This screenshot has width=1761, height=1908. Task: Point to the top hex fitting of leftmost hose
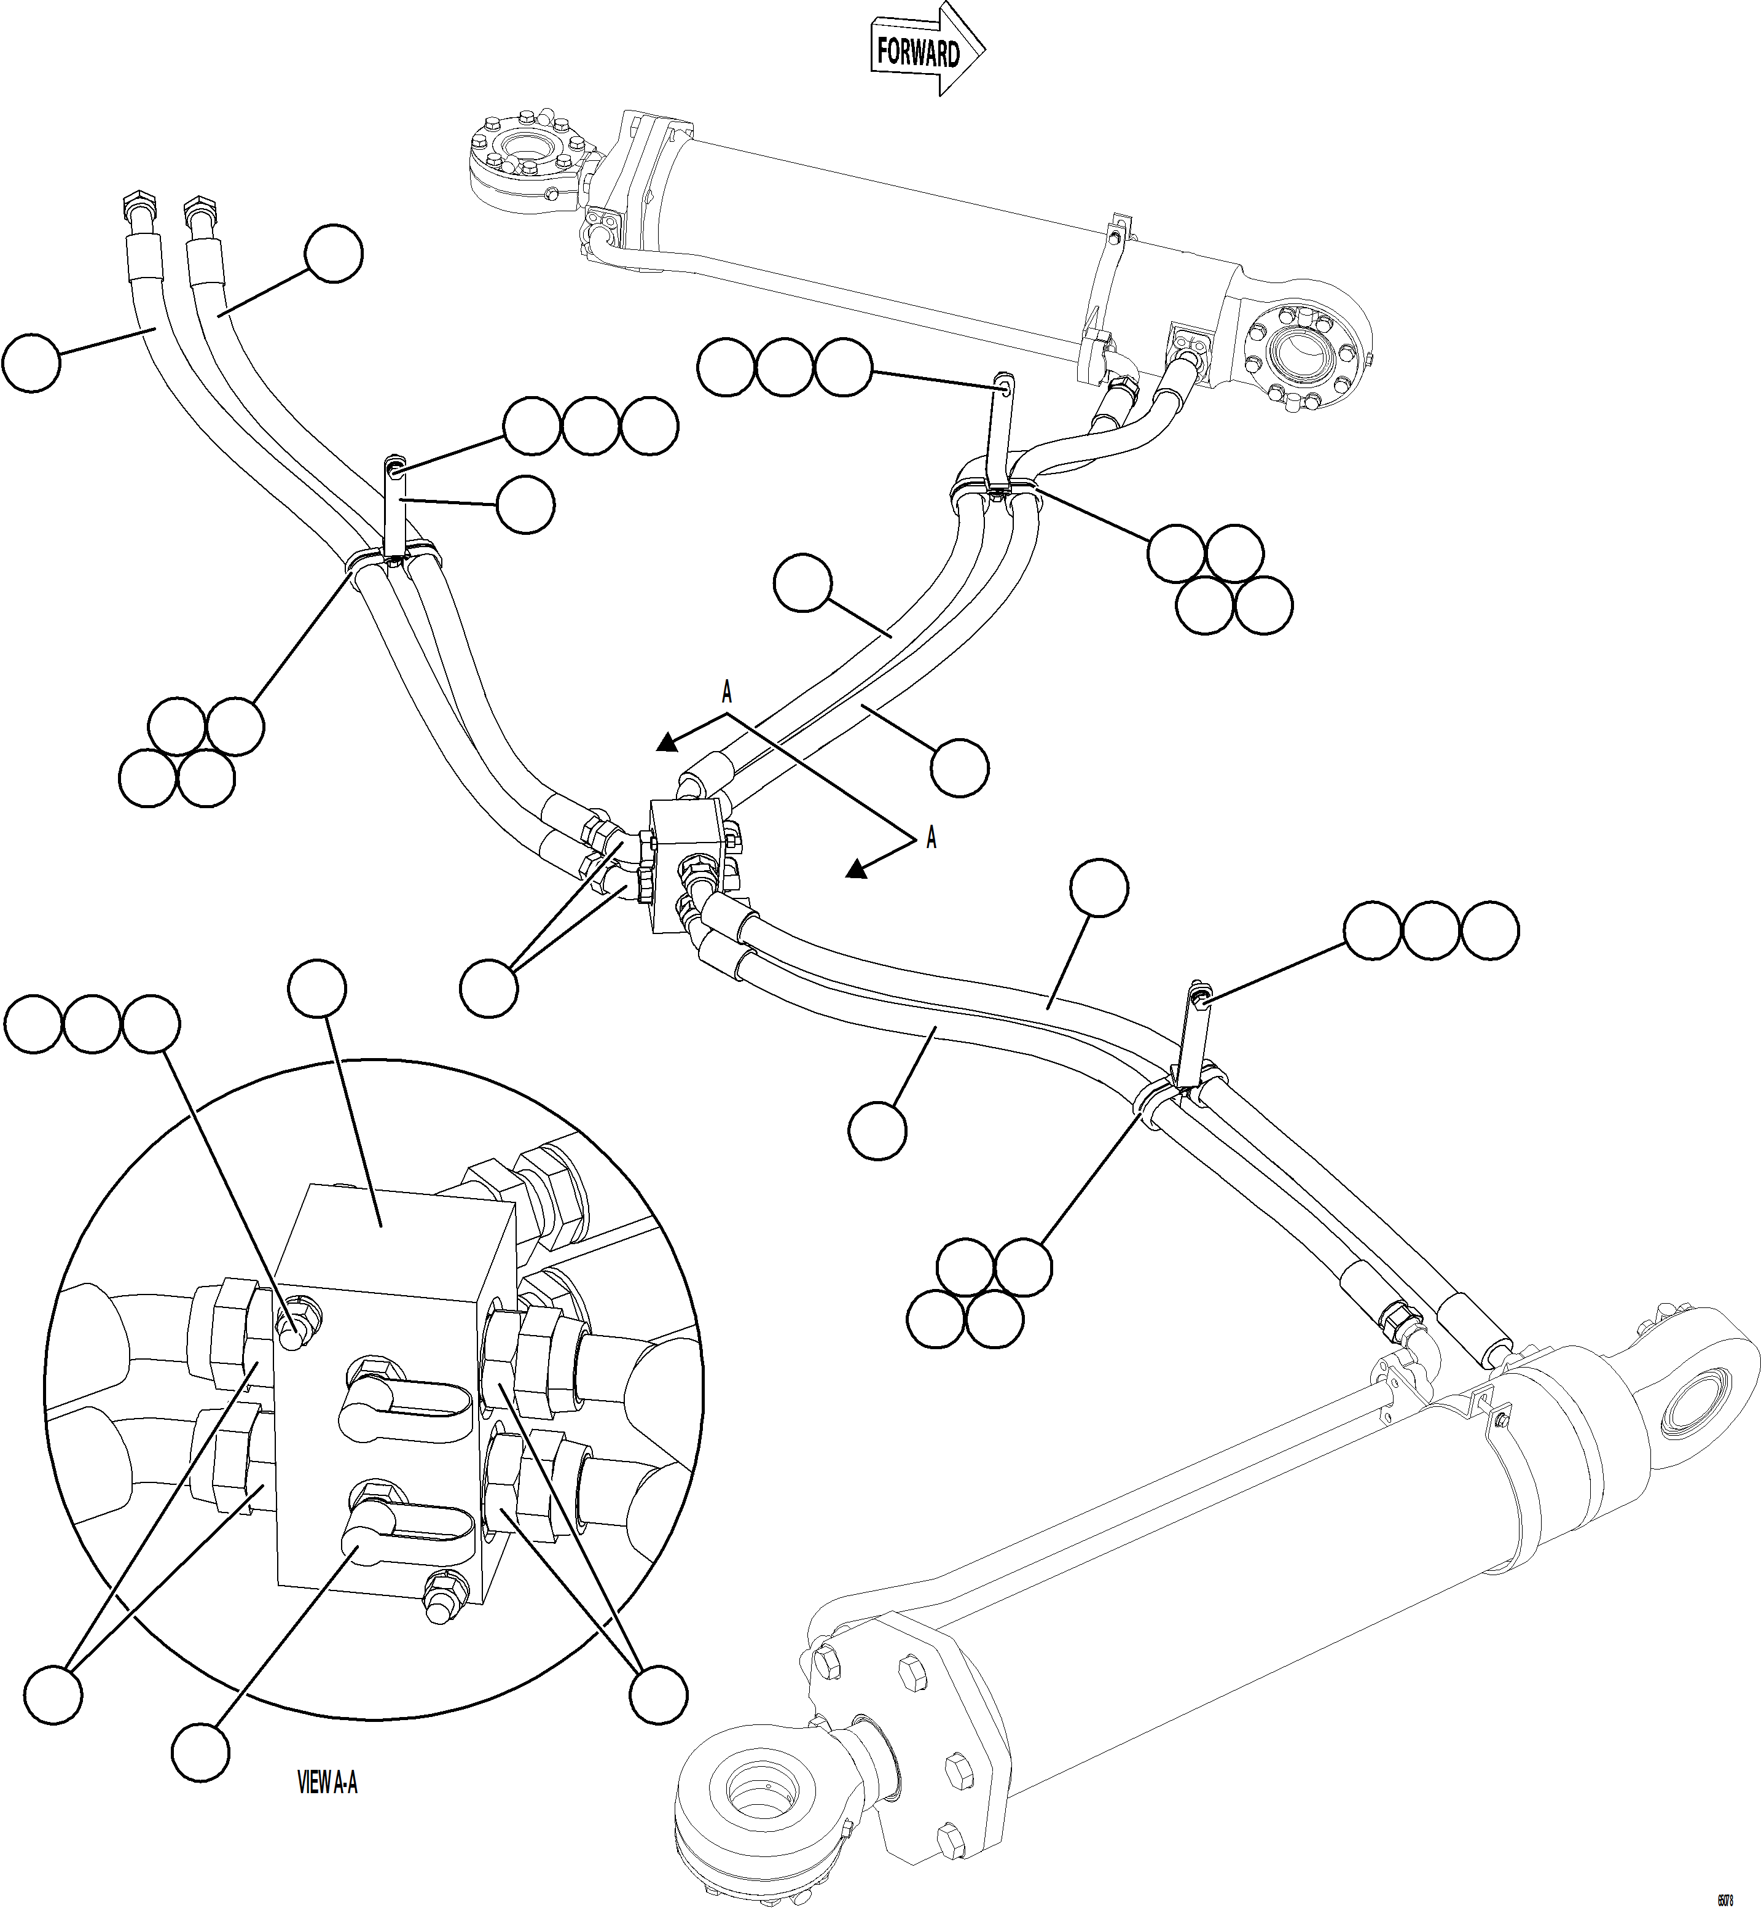tap(137, 205)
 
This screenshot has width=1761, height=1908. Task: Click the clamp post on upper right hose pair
tap(1000, 429)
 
